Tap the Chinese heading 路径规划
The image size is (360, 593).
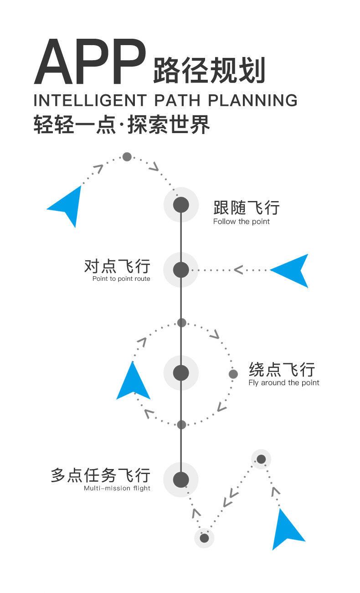point(209,71)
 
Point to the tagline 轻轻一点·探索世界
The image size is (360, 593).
point(122,124)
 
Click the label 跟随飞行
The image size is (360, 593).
point(246,208)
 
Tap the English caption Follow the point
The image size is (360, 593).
point(242,222)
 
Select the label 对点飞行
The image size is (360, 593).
point(117,266)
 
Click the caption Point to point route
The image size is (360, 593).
point(121,279)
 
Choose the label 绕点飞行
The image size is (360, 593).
point(282,369)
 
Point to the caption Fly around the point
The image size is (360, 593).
point(284,383)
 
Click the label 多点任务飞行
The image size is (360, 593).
point(100,475)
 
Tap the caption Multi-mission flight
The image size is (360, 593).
point(117,489)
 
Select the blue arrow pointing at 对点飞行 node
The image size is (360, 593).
point(292,270)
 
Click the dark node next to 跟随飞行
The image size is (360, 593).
point(181,205)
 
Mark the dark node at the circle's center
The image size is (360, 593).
point(181,373)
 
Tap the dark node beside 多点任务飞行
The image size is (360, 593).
point(181,480)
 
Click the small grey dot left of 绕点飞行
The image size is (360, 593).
point(233,374)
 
